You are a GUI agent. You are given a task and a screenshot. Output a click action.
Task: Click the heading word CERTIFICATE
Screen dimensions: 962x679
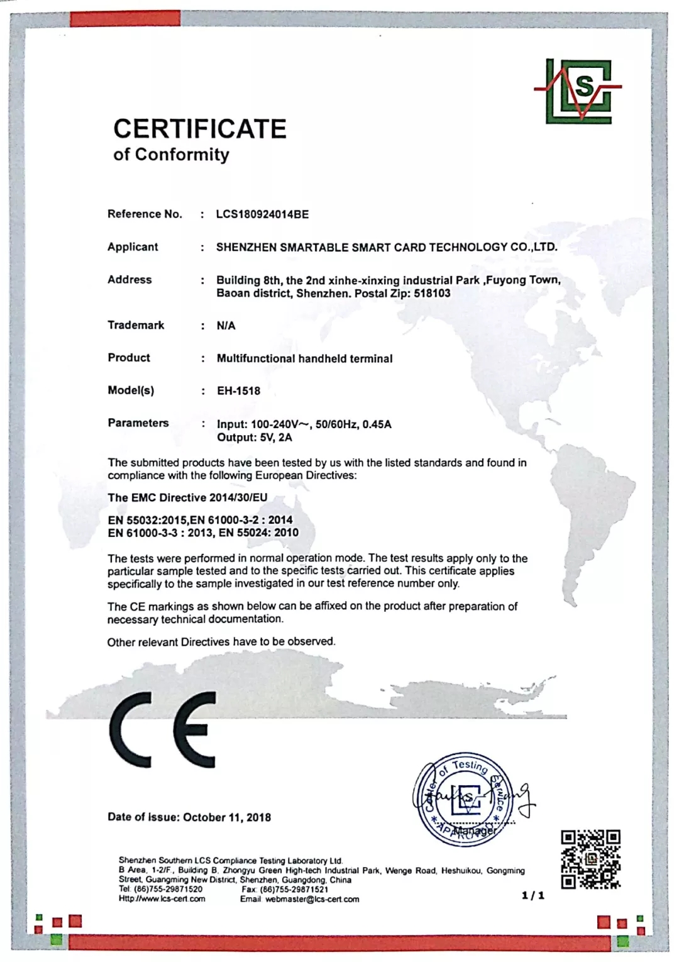[200, 129]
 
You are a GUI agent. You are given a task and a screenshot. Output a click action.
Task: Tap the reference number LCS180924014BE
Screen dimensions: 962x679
[262, 214]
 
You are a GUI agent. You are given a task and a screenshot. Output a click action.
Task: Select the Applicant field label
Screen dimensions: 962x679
[133, 247]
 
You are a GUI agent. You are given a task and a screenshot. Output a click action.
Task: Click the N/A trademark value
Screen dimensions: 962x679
[226, 326]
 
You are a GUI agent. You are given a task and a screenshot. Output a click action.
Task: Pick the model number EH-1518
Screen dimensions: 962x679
[238, 391]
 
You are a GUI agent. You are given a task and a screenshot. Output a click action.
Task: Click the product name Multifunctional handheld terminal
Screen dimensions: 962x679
[304, 358]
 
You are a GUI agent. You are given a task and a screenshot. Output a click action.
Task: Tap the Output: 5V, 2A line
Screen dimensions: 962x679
[254, 438]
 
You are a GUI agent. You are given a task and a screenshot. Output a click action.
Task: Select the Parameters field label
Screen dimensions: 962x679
[138, 423]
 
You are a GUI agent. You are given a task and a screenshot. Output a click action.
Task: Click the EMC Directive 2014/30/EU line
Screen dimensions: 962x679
[187, 497]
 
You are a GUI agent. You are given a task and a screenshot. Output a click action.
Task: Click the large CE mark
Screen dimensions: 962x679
[163, 729]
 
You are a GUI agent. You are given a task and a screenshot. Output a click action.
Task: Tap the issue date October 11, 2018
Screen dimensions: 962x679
[227, 817]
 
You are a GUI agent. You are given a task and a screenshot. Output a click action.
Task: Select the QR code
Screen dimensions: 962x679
[590, 859]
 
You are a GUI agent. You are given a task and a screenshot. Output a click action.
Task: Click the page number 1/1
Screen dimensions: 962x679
[533, 895]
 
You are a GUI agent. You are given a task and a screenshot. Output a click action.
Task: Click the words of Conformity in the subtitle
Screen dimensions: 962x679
[171, 155]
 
